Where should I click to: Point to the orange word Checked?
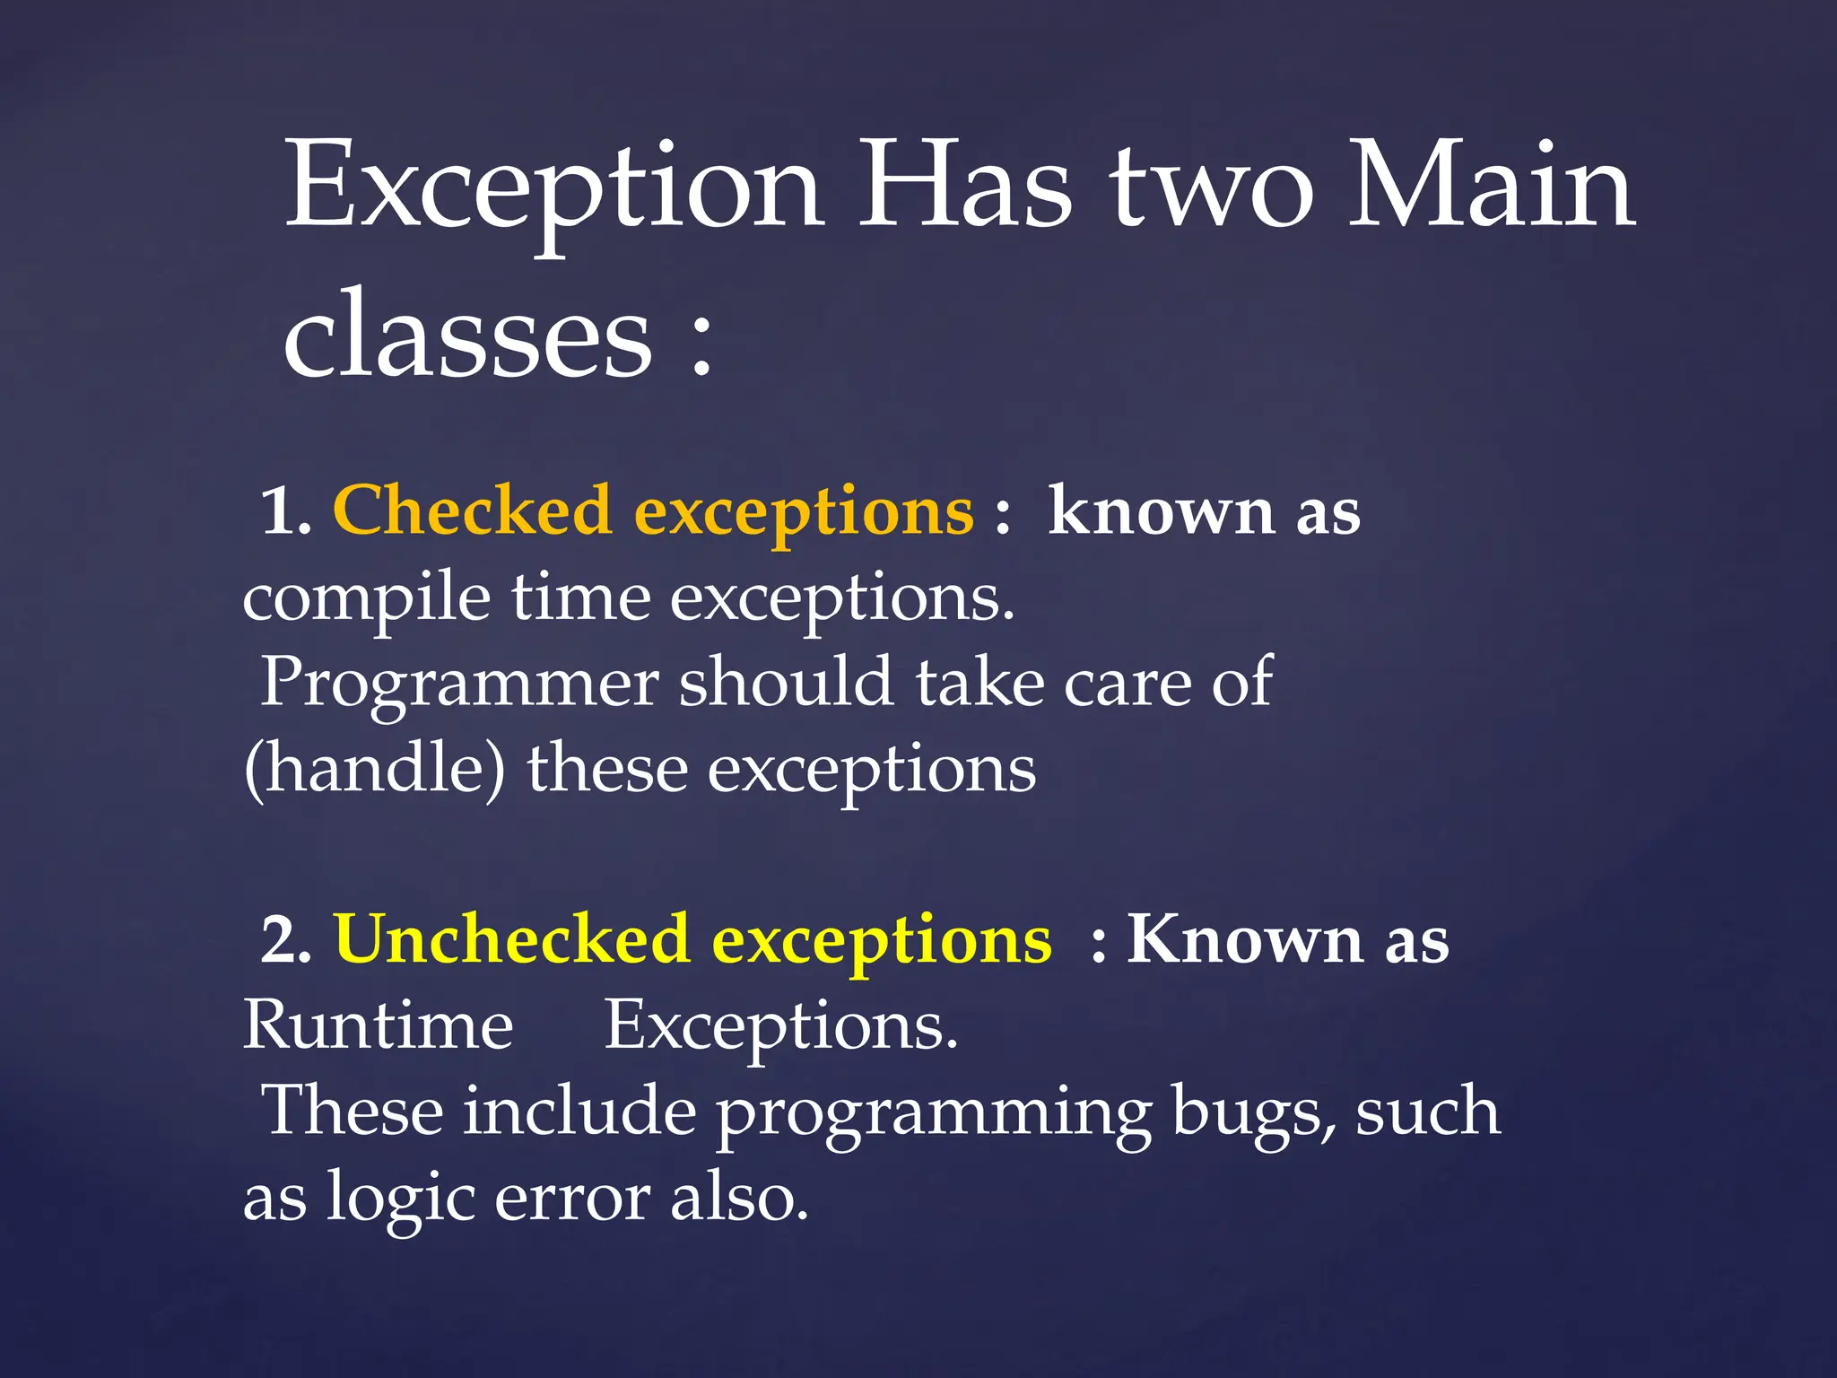point(472,510)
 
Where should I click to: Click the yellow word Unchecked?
point(511,939)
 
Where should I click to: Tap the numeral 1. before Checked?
point(286,512)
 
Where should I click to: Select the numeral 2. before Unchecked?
point(286,941)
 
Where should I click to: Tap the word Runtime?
point(378,1025)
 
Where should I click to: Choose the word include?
point(579,1111)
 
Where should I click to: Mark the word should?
point(786,683)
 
